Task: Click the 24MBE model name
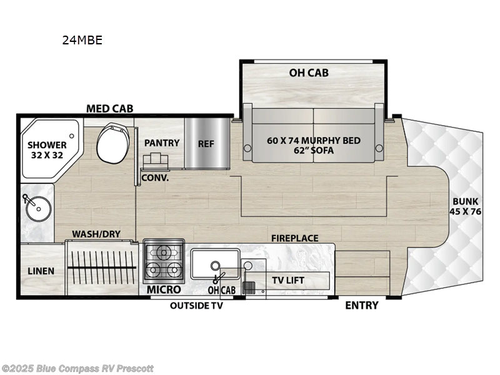click(82, 41)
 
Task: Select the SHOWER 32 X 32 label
click(46, 150)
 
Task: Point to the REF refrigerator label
click(206, 143)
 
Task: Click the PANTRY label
click(162, 142)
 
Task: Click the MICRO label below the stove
click(164, 289)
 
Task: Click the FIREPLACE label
click(294, 238)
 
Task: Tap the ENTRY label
click(362, 305)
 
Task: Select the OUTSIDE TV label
click(196, 306)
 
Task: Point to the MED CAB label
click(109, 109)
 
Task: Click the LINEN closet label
click(41, 271)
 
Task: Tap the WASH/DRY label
click(96, 234)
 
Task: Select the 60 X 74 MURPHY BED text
click(313, 140)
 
